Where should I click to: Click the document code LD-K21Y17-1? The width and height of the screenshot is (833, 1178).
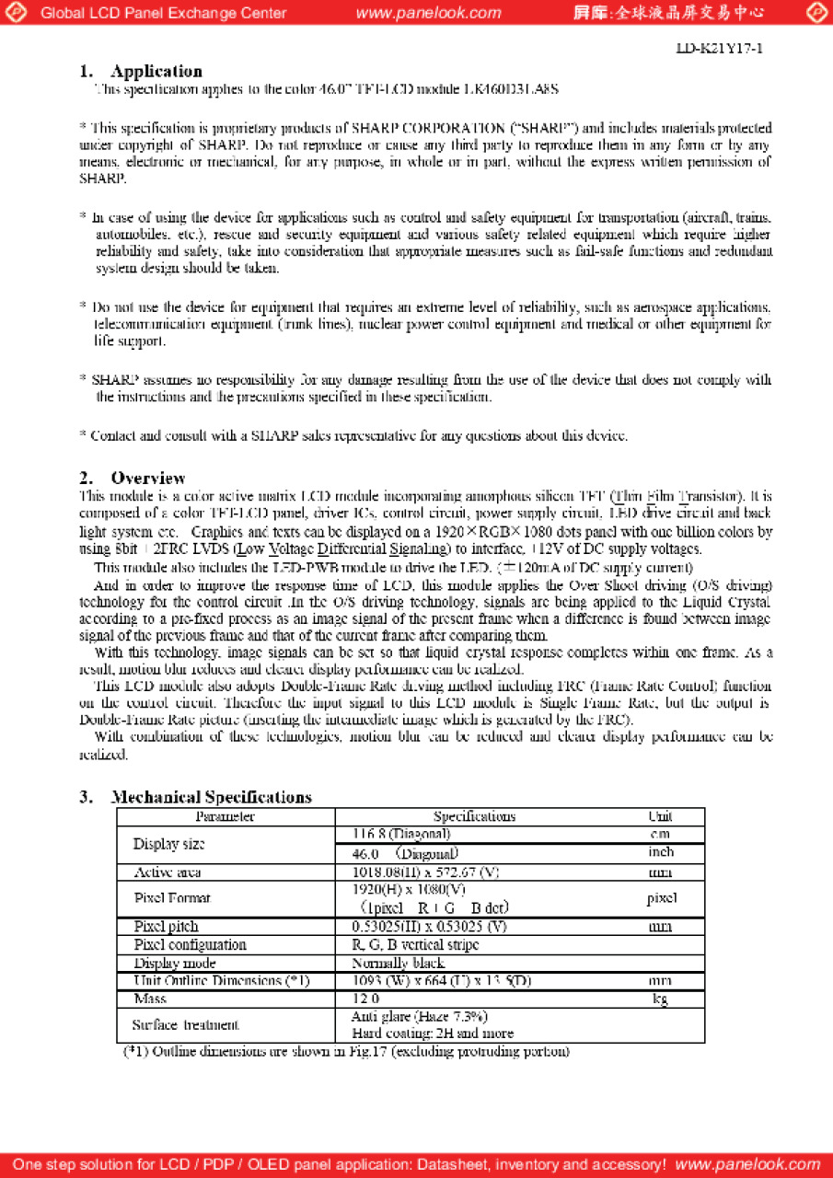click(719, 47)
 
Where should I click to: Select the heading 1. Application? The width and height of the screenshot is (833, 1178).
click(141, 71)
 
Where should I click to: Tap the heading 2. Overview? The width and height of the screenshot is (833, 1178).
click(133, 478)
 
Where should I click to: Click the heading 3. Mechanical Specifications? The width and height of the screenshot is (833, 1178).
click(195, 797)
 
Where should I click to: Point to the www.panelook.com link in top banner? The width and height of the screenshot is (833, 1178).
click(428, 13)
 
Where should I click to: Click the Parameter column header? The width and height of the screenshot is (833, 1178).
click(225, 816)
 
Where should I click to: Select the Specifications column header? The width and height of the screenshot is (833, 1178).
click(474, 816)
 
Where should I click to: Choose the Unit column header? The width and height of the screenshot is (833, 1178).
click(660, 816)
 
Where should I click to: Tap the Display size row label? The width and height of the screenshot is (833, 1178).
click(168, 844)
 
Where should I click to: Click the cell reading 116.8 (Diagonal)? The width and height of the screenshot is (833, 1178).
click(401, 834)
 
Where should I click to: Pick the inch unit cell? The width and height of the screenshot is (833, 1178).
click(660, 852)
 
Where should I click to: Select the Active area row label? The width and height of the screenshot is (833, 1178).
click(168, 872)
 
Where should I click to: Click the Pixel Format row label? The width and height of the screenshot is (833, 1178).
click(172, 897)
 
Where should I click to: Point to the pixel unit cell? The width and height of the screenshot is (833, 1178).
click(662, 897)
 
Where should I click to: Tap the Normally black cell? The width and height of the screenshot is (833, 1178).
click(398, 963)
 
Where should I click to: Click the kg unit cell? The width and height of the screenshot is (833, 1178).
click(660, 999)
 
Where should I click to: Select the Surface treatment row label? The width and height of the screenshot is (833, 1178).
click(185, 1024)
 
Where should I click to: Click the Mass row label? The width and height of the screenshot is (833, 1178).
click(150, 999)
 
